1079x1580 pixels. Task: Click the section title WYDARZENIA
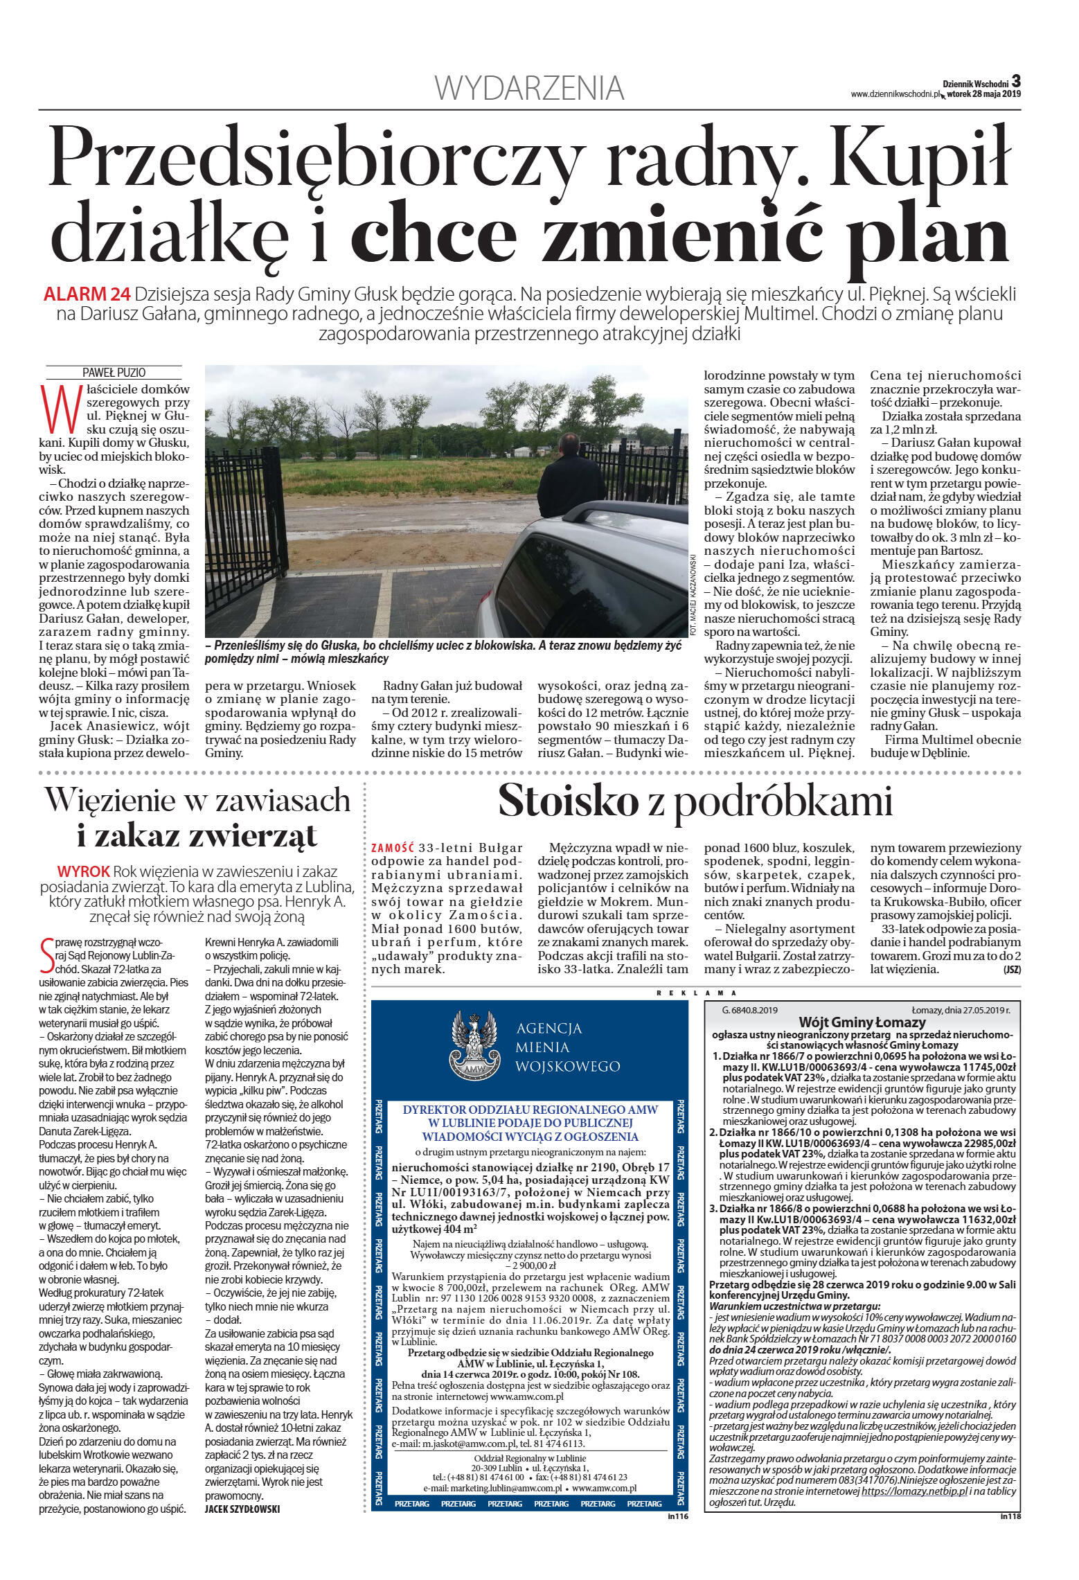point(529,88)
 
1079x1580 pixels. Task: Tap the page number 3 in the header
point(1016,81)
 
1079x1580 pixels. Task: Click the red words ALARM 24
point(87,294)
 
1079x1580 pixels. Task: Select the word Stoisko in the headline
point(568,801)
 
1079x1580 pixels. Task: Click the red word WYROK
point(84,871)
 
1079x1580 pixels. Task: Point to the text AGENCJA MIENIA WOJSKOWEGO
point(567,1047)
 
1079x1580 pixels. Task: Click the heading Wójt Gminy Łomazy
point(862,1022)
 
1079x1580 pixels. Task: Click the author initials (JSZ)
point(1011,970)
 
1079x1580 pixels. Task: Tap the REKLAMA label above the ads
point(696,993)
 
